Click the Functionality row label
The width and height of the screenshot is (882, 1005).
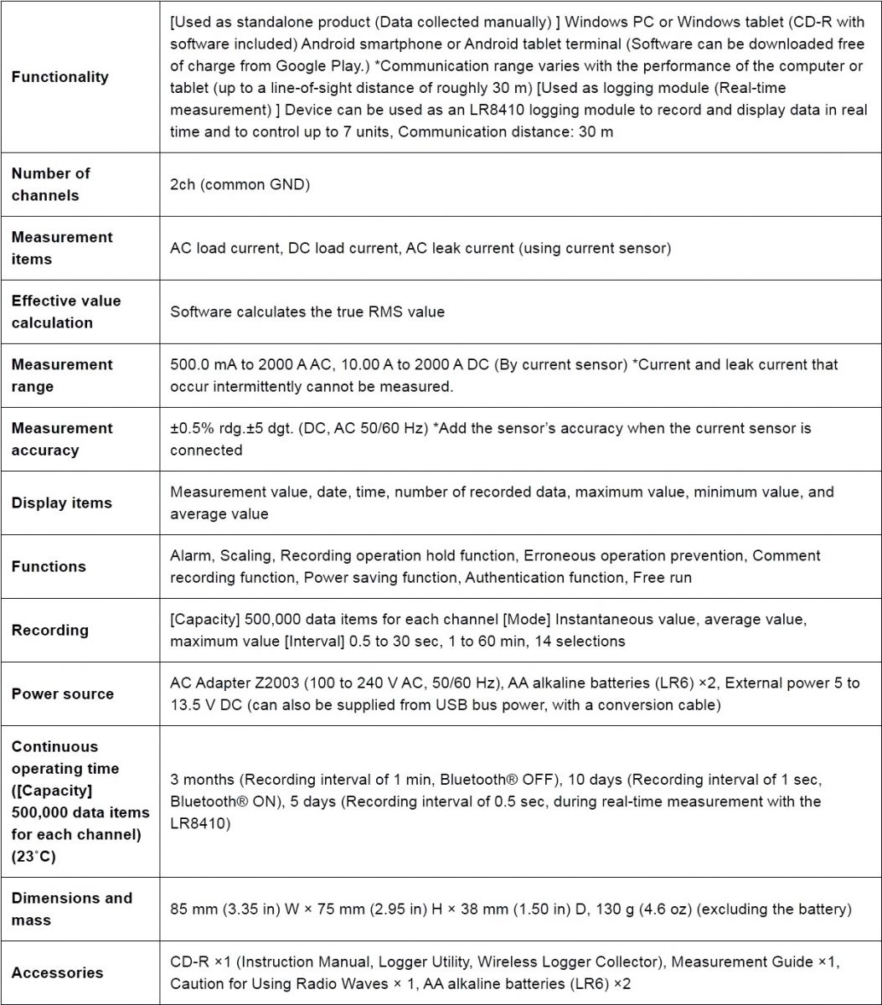coord(60,77)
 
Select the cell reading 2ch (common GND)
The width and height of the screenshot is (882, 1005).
coord(240,184)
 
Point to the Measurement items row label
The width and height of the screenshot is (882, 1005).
coord(62,248)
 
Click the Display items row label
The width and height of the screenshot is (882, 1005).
coord(61,502)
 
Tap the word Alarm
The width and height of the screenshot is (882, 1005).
coord(190,556)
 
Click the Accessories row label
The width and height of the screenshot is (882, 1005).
coord(58,972)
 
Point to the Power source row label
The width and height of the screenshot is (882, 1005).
coord(63,693)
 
